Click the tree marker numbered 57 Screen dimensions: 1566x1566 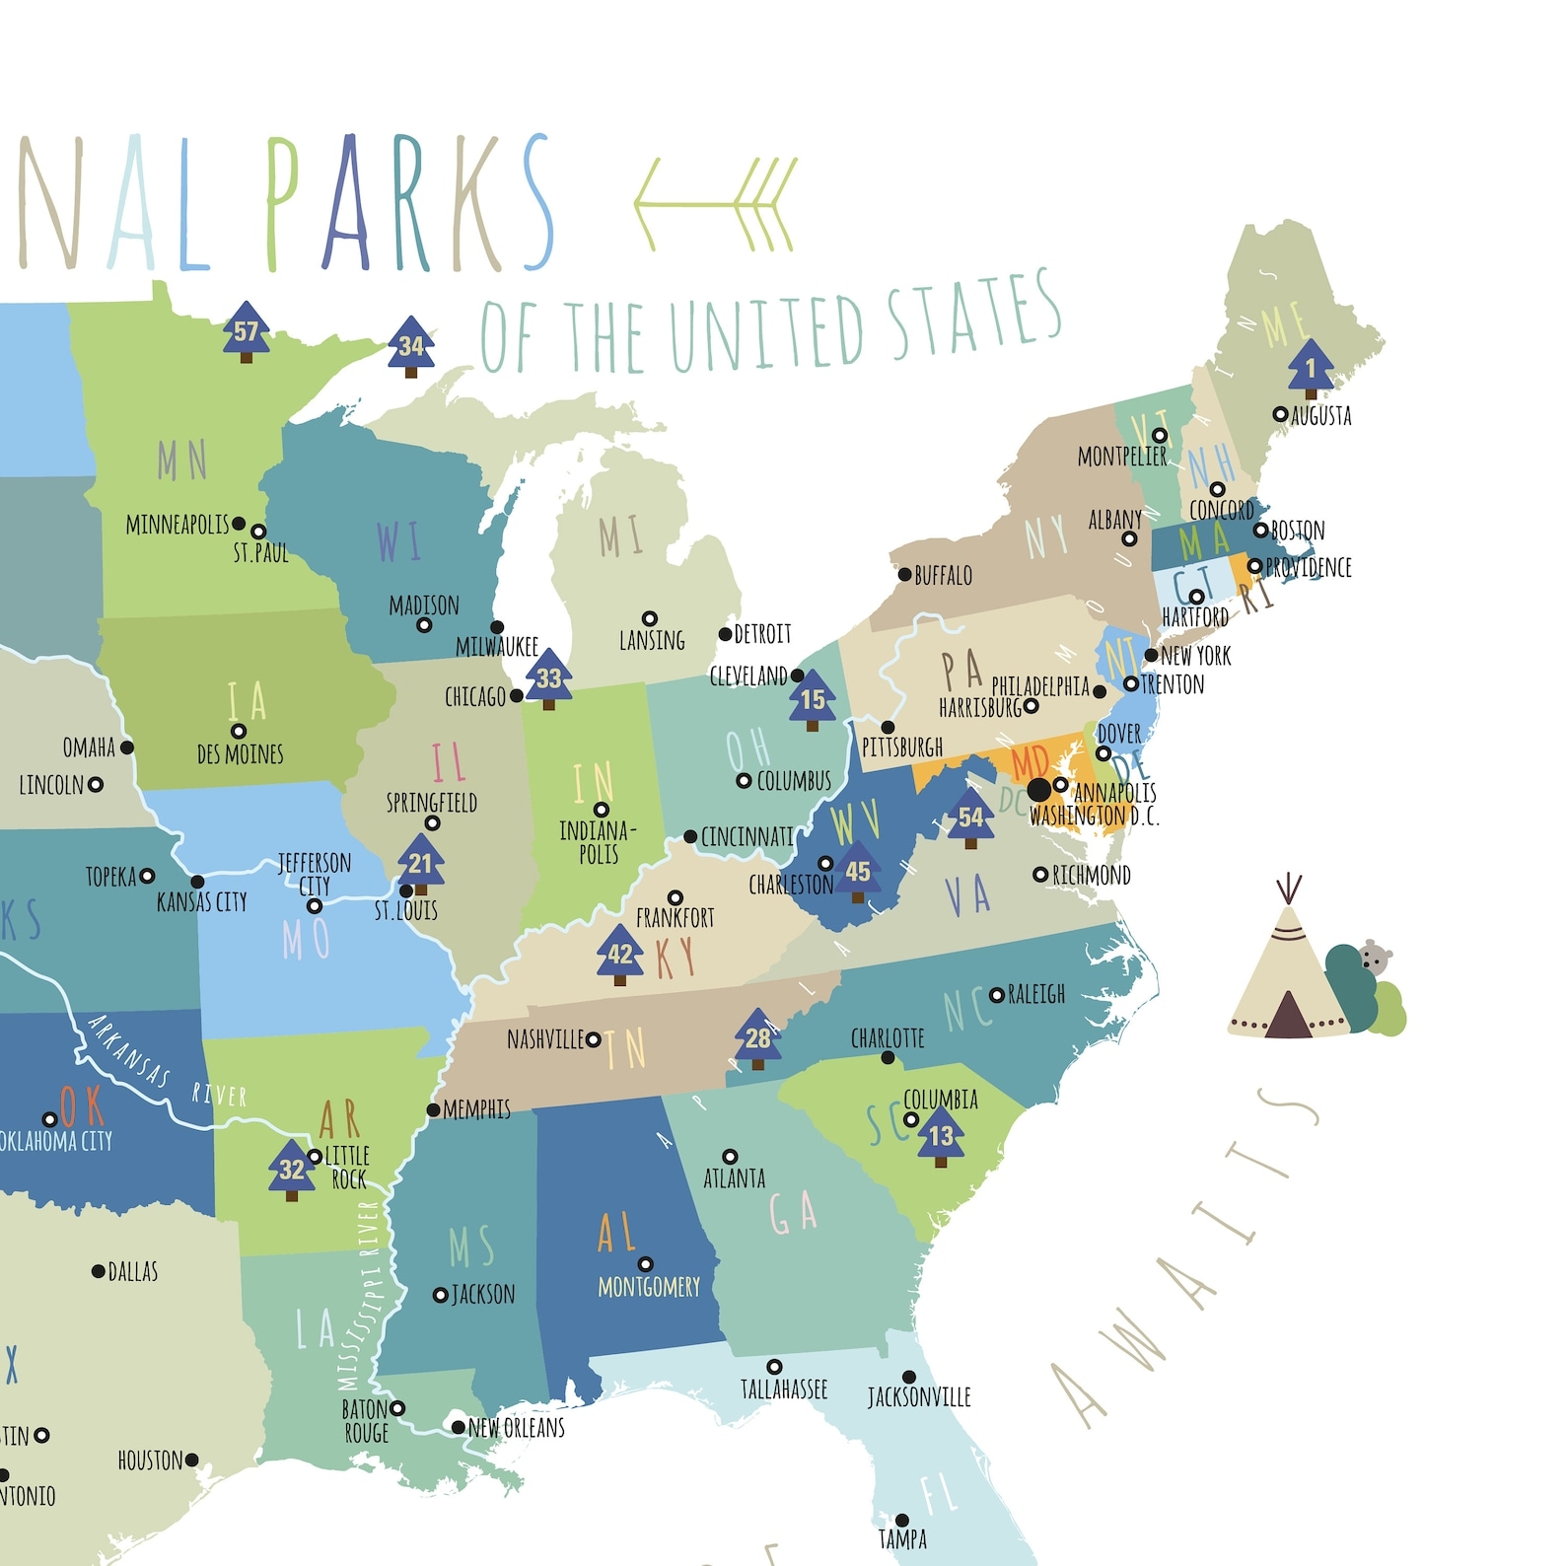tap(246, 331)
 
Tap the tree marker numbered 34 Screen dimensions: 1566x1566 tap(411, 346)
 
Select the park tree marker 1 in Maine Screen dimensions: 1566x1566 tap(1311, 369)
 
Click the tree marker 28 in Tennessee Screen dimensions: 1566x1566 tap(757, 1037)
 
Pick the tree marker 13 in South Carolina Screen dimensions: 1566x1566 tap(941, 1135)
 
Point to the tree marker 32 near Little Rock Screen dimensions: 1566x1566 tap(292, 1170)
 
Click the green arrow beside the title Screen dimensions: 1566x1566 tap(714, 204)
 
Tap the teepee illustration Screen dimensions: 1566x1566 tap(1286, 976)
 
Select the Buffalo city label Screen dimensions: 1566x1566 tap(942, 575)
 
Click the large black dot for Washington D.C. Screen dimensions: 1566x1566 tap(1039, 789)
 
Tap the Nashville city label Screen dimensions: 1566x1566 tap(545, 1039)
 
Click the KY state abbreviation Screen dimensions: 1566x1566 tap(676, 958)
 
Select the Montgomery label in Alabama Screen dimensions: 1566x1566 tap(649, 1287)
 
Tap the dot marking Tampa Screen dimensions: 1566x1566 tap(901, 1521)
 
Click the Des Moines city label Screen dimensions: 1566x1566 tap(240, 754)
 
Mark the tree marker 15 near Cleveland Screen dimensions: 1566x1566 tap(813, 699)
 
